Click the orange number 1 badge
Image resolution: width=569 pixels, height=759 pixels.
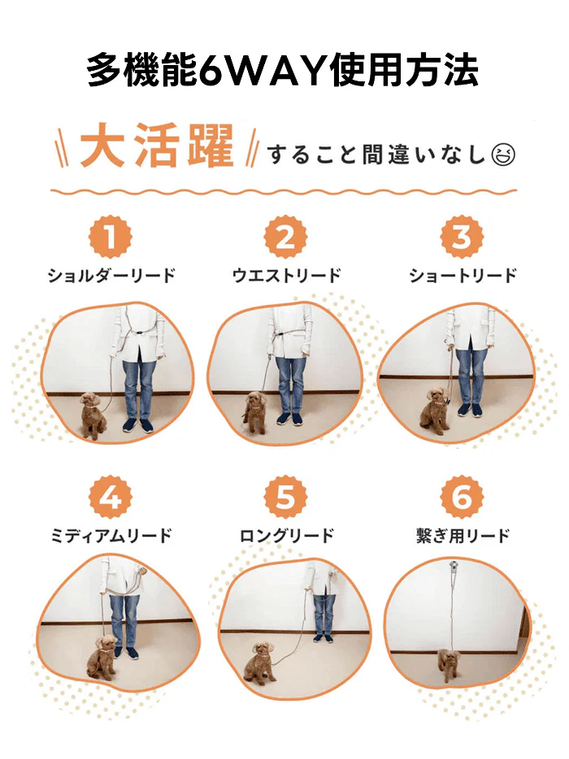pos(110,238)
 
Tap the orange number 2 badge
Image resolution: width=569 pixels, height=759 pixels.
pos(285,238)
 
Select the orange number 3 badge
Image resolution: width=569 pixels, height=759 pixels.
pos(461,238)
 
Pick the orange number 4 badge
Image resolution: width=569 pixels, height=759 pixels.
pos(110,498)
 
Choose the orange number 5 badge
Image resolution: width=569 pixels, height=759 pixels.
pos(285,498)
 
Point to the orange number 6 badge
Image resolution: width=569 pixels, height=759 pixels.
pos(461,498)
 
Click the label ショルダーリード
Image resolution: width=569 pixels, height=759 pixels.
pos(110,275)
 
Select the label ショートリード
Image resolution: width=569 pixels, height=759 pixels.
pos(462,275)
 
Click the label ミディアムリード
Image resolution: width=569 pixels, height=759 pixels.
pos(111,535)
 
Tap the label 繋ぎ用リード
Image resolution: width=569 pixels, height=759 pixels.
pos(461,535)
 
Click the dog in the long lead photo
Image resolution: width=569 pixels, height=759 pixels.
pos(259,661)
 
